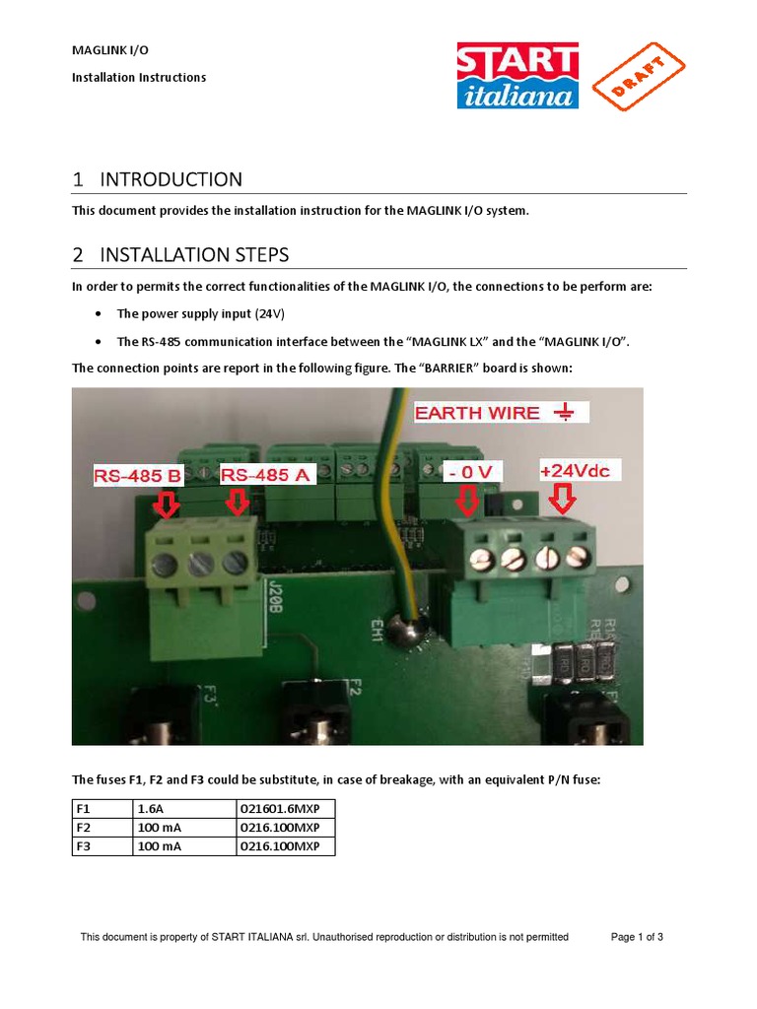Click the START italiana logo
[x=517, y=74]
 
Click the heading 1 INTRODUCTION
[x=158, y=179]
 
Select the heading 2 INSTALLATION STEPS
[x=180, y=255]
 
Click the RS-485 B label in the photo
[x=138, y=476]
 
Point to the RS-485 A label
[x=265, y=475]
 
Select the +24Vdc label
[x=575, y=471]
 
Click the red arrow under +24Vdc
[x=563, y=502]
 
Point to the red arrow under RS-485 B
[x=166, y=504]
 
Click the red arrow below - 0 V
[x=467, y=503]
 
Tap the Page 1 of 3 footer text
[x=637, y=937]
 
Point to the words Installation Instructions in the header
[x=139, y=77]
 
